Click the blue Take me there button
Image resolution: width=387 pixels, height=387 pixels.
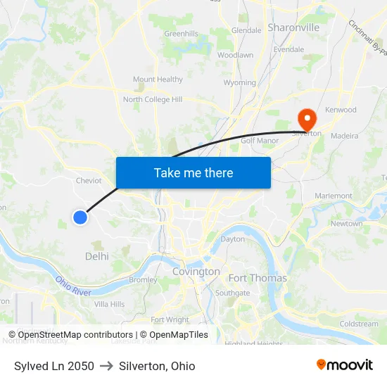[193, 172]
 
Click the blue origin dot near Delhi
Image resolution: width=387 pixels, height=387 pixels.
[80, 217]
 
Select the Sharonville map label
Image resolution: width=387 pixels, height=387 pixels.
[293, 27]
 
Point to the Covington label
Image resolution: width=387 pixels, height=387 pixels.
[196, 272]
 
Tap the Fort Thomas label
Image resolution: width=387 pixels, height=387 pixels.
[258, 278]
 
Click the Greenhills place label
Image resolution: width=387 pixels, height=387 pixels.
[181, 34]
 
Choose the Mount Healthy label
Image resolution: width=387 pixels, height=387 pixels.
[158, 80]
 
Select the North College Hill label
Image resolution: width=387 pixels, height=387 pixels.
[153, 100]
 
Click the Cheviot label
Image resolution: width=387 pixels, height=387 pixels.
[89, 180]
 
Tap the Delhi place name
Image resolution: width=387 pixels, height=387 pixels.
[97, 257]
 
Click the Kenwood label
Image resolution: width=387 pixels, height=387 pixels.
[341, 110]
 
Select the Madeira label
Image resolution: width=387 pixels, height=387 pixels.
[343, 136]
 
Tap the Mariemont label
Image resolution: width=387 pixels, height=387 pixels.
[334, 196]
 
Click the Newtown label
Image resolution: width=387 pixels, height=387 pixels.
[346, 224]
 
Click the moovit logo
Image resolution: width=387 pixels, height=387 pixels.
[344, 365]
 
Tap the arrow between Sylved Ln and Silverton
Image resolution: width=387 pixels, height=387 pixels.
[106, 366]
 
